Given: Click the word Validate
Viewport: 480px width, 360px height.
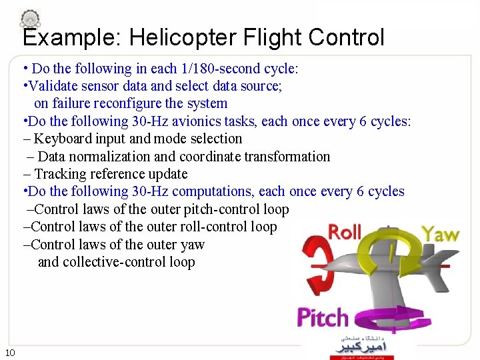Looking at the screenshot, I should click(51, 86).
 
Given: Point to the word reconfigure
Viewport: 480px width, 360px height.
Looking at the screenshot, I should click(126, 103).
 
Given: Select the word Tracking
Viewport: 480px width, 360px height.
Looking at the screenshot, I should click(61, 174).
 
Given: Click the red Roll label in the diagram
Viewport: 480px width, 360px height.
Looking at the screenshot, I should click(345, 233).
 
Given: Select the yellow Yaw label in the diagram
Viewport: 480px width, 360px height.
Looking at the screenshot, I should click(440, 234).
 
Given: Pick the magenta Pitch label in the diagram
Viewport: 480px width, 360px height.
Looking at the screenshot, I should click(323, 317).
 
